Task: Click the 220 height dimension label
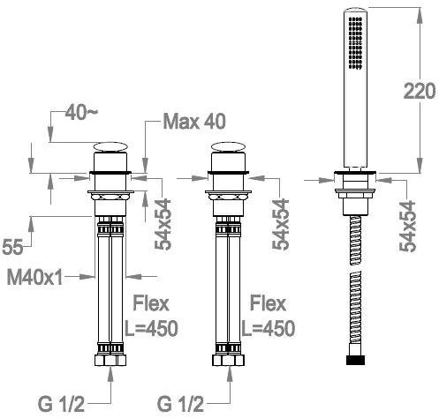(x=420, y=91)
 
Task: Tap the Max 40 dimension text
(x=194, y=121)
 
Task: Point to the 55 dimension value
(x=12, y=247)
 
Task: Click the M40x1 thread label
(x=34, y=277)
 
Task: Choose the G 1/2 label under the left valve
(x=61, y=404)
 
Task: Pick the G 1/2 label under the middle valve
(x=180, y=404)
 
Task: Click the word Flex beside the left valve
(x=151, y=303)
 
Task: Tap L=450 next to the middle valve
(x=269, y=328)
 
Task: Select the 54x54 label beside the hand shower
(x=407, y=227)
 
